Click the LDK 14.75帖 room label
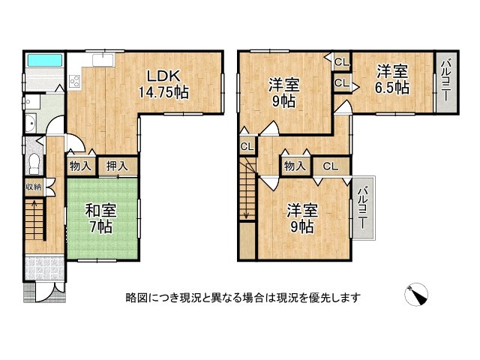pyautogui.click(x=163, y=84)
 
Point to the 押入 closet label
pyautogui.click(x=117, y=166)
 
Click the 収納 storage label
pyautogui.click(x=33, y=187)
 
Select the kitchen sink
pyautogui.click(x=103, y=59)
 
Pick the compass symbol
pyautogui.click(x=416, y=295)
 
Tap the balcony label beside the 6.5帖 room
pyautogui.click(x=445, y=81)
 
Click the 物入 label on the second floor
pyautogui.click(x=295, y=166)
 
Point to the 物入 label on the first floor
pyautogui.click(x=80, y=166)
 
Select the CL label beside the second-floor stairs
pyautogui.click(x=247, y=147)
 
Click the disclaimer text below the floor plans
pyautogui.click(x=243, y=297)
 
